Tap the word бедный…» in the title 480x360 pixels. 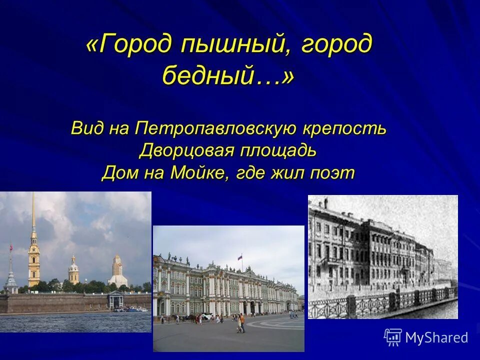(x=228, y=76)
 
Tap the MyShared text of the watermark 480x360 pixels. (x=436, y=337)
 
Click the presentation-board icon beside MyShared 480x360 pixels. (x=392, y=337)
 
